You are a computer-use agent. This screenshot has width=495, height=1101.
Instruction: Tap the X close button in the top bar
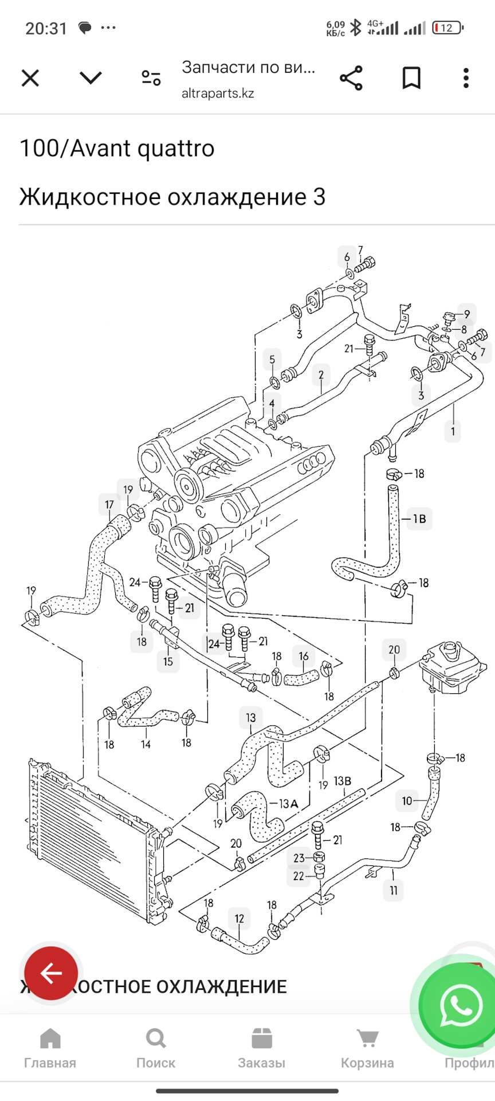[x=30, y=78]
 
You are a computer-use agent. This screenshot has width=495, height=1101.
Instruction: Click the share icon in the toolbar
[x=351, y=78]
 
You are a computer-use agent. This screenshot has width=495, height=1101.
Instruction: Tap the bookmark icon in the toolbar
[x=411, y=78]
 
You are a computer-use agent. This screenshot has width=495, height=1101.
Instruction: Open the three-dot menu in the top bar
[x=466, y=78]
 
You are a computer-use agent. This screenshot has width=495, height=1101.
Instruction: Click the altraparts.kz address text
[x=218, y=93]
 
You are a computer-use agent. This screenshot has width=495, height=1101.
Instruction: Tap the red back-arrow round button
[x=51, y=973]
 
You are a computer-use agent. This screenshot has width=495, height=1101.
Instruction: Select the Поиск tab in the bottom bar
[x=156, y=1048]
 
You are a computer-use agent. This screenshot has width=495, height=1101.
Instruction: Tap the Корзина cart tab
[x=367, y=1048]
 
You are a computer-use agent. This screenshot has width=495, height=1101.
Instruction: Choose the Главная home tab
[x=50, y=1048]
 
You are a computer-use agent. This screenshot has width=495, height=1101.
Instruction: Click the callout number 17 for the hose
[x=109, y=505]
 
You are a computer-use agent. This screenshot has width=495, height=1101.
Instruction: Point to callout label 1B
[x=419, y=518]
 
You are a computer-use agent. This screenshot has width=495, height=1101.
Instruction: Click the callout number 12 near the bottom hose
[x=239, y=918]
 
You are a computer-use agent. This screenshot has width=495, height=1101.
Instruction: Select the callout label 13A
[x=288, y=804]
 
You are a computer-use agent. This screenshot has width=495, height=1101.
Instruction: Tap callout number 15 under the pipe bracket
[x=168, y=661]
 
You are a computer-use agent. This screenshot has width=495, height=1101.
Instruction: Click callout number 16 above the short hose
[x=304, y=655]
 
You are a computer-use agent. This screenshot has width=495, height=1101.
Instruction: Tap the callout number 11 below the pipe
[x=394, y=890]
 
